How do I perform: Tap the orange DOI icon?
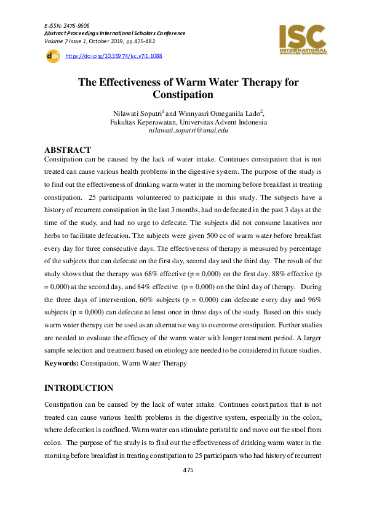52,56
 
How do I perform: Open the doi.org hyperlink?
113,56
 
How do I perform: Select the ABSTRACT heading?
68,150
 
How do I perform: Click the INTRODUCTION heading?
79,388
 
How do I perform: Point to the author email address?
188,131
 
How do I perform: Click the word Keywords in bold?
61,364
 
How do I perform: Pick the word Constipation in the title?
184,95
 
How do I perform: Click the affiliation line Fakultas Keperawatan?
188,122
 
